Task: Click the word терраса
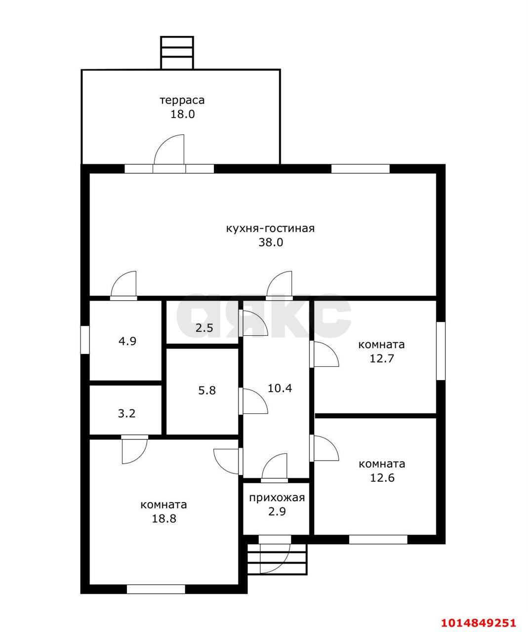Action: coord(182,100)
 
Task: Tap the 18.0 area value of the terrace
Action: coord(183,114)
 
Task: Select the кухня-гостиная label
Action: coord(270,229)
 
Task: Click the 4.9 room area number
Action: coord(127,341)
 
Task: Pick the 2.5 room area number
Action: coord(204,327)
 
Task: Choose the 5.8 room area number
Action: coord(207,390)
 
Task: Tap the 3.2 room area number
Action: coord(126,413)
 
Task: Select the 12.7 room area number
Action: coord(381,358)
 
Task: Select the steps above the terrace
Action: coord(177,53)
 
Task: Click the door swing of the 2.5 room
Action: coord(253,323)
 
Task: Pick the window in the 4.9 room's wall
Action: coord(85,340)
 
